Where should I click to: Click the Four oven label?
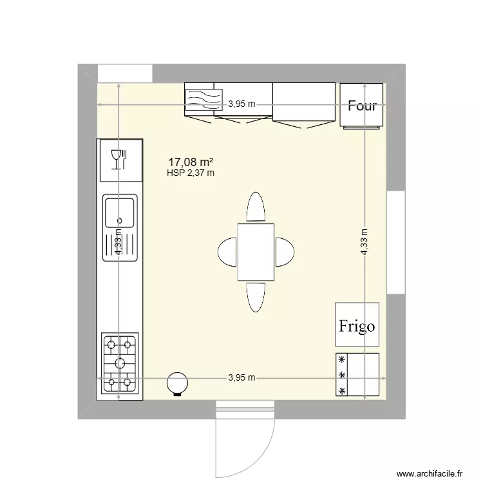click(362, 106)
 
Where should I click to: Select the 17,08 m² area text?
click(191, 162)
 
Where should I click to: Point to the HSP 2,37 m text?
click(191, 173)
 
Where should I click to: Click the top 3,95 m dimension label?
click(241, 104)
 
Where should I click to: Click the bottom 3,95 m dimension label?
click(241, 378)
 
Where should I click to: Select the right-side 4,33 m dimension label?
click(365, 243)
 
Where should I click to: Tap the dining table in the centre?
click(256, 252)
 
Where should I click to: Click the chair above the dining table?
click(256, 207)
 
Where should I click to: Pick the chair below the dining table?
click(256, 297)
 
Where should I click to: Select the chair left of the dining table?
click(227, 252)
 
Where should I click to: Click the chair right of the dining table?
click(285, 252)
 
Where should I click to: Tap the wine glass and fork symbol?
click(120, 159)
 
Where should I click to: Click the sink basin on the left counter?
click(120, 213)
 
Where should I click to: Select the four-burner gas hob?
click(120, 364)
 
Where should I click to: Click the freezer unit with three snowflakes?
click(357, 375)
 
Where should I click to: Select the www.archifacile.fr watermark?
click(430, 473)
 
